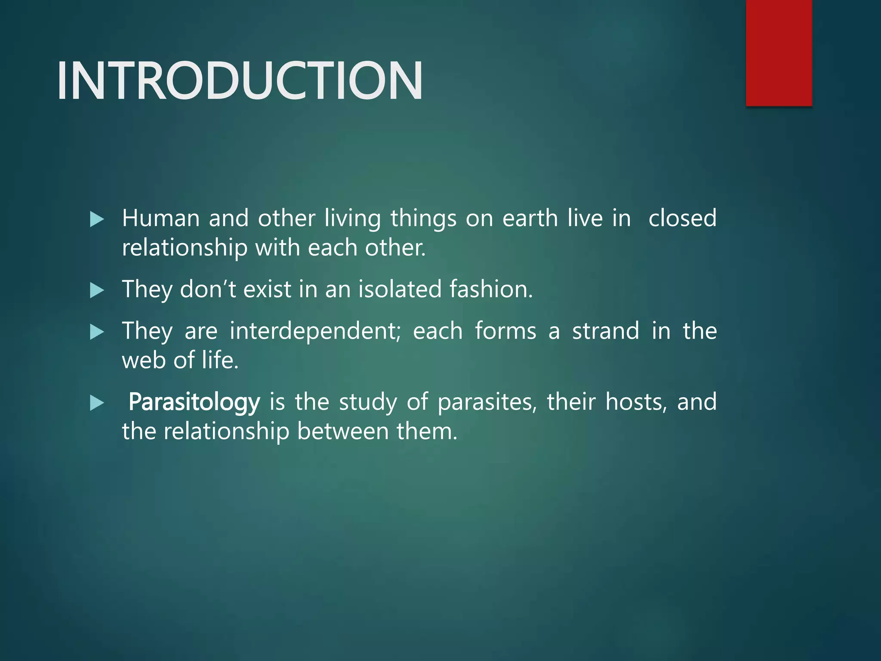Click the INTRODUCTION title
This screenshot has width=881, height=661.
pyautogui.click(x=240, y=81)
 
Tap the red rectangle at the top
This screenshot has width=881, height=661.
pyautogui.click(x=779, y=53)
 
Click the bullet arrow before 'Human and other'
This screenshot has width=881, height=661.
pyautogui.click(x=97, y=219)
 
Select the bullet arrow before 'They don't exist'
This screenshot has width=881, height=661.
pyautogui.click(x=97, y=290)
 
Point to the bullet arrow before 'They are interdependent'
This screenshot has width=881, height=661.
pyautogui.click(x=97, y=332)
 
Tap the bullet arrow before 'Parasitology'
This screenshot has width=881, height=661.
pyautogui.click(x=97, y=403)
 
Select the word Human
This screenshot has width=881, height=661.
pyautogui.click(x=160, y=218)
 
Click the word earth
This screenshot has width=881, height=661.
pyautogui.click(x=530, y=218)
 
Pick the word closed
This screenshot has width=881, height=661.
pyautogui.click(x=682, y=218)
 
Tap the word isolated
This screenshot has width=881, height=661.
pyautogui.click(x=400, y=289)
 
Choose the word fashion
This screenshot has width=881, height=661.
pyautogui.click(x=491, y=289)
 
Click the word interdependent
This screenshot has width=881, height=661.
pyautogui.click(x=315, y=331)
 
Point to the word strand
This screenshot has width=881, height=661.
pyautogui.click(x=605, y=331)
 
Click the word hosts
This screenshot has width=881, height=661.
pyautogui.click(x=636, y=402)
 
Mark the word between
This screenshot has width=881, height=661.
pyautogui.click(x=342, y=432)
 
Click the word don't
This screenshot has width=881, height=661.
pyautogui.click(x=208, y=289)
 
